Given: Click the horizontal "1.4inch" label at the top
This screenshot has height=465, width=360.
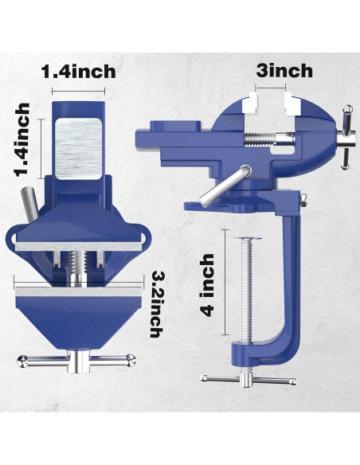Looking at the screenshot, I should click(x=79, y=70).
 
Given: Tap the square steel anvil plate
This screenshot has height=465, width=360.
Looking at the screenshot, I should click(x=80, y=147).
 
